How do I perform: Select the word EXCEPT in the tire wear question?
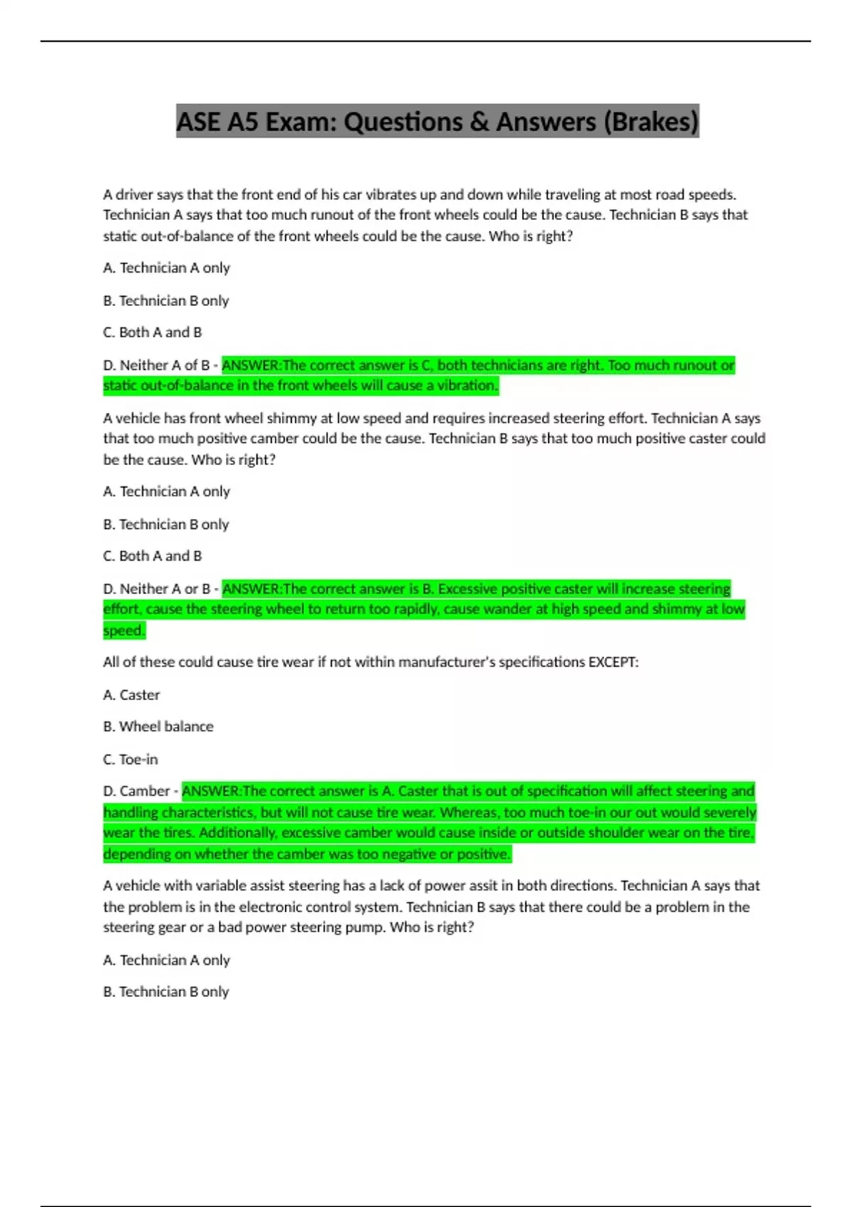(x=613, y=662)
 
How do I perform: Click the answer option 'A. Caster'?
(x=131, y=695)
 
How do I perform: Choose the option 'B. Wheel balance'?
(x=158, y=726)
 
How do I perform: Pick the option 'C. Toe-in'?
(x=131, y=759)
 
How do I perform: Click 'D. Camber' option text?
(x=136, y=791)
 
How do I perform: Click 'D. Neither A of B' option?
(x=156, y=366)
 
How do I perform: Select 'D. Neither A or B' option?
(x=156, y=589)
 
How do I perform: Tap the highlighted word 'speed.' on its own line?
(x=124, y=630)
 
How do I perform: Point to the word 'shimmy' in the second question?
(x=247, y=418)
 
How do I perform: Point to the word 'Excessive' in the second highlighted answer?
(x=468, y=589)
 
